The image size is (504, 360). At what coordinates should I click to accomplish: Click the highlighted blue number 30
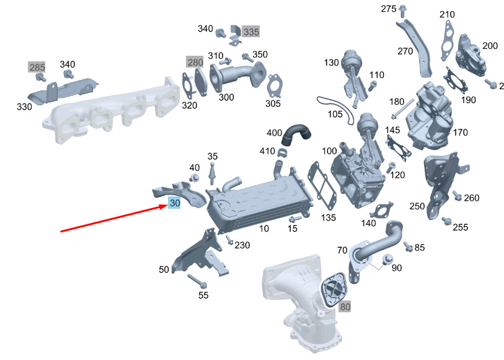(x=174, y=203)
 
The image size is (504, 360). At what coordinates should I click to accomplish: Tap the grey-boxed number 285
(x=37, y=67)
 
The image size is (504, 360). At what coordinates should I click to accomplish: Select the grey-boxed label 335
(x=250, y=32)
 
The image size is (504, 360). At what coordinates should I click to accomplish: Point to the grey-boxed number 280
(x=195, y=62)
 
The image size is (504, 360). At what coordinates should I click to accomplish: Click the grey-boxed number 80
(x=345, y=307)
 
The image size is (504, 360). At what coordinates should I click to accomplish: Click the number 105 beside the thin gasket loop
(x=335, y=114)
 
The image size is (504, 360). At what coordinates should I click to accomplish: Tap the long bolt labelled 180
(x=402, y=109)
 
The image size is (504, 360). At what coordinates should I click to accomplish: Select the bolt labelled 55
(x=197, y=281)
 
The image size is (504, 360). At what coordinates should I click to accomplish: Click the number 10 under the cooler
(x=264, y=229)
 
